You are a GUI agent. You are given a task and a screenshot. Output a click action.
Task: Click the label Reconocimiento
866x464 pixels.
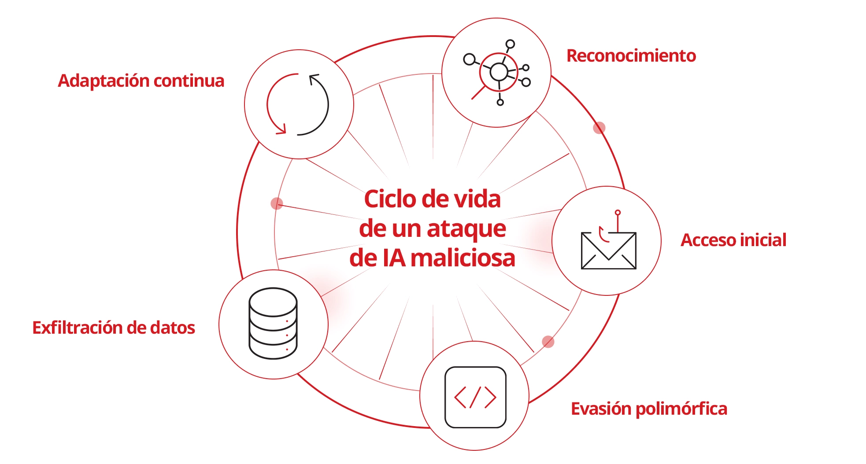pyautogui.click(x=631, y=56)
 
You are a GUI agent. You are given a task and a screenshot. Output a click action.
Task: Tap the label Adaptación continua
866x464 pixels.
pyautogui.click(x=141, y=81)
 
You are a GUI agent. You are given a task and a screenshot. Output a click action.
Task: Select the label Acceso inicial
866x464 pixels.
pyautogui.click(x=733, y=240)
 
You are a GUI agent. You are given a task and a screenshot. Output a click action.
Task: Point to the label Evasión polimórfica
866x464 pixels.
pyautogui.click(x=649, y=409)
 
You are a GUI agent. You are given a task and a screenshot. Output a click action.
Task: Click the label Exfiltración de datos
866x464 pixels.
pyautogui.click(x=114, y=328)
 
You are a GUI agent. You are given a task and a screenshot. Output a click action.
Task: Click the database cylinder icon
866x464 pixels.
pyautogui.click(x=273, y=324)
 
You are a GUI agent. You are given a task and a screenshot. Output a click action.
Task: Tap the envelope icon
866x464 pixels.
pyautogui.click(x=608, y=250)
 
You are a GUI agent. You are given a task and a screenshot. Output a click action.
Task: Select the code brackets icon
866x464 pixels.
pyautogui.click(x=475, y=397)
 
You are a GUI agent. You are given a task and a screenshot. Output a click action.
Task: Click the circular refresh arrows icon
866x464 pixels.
pyautogui.click(x=298, y=104)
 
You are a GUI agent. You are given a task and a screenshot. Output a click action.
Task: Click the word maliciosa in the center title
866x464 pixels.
pyautogui.click(x=463, y=258)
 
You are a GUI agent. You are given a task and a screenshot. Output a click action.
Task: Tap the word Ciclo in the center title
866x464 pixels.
pyautogui.click(x=390, y=199)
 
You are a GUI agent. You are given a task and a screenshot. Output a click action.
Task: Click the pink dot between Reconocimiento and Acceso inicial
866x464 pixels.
pyautogui.click(x=599, y=128)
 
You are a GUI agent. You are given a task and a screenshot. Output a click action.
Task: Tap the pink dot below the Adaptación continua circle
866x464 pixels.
pyautogui.click(x=277, y=203)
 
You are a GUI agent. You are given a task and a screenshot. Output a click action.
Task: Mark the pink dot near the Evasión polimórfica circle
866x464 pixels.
pyautogui.click(x=548, y=342)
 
